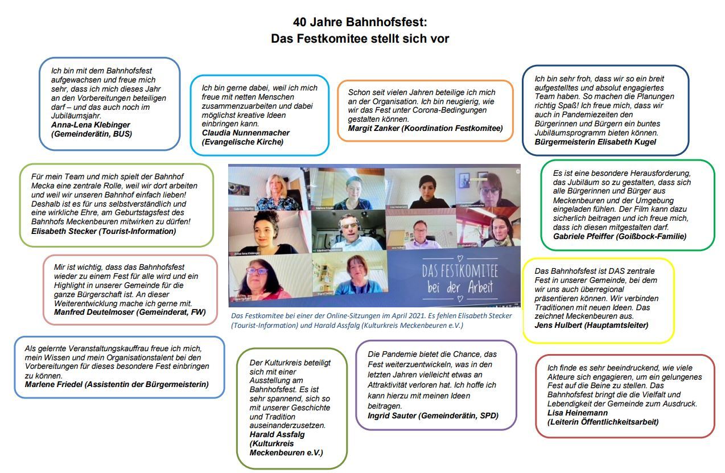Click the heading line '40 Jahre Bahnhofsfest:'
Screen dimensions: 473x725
click(x=360, y=22)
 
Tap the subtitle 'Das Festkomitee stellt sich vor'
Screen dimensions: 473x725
click(x=360, y=39)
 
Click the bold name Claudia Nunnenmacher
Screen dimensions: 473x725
click(x=246, y=133)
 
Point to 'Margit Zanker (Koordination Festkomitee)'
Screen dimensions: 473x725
click(x=426, y=129)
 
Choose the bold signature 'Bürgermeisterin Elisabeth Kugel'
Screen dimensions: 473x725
click(x=595, y=142)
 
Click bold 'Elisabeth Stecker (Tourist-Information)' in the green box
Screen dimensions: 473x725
click(x=104, y=231)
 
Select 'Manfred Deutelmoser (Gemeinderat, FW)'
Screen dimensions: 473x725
click(x=130, y=312)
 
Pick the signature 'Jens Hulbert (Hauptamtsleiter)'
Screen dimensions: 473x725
click(x=591, y=325)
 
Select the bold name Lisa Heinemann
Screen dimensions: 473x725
click(x=578, y=413)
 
